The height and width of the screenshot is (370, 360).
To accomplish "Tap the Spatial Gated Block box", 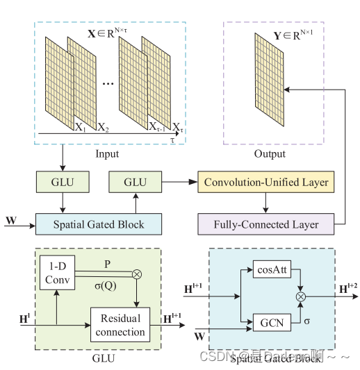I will click(99, 224).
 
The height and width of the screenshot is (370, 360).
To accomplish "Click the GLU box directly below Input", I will click(63, 182).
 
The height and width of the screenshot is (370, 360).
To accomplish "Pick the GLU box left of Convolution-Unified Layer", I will click(135, 182).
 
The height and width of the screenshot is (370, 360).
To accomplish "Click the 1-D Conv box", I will click(56, 272).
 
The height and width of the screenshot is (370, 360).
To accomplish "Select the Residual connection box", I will click(120, 325).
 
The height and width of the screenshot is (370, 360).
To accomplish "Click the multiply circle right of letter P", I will click(137, 274).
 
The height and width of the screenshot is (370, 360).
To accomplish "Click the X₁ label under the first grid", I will click(80, 127).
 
